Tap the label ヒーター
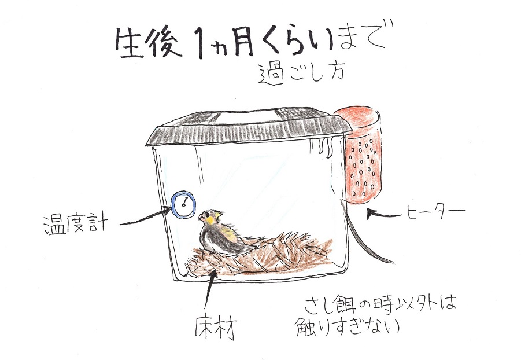(436, 211)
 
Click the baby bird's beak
(201, 218)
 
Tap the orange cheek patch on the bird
(210, 220)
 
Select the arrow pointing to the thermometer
(145, 216)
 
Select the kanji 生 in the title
(130, 43)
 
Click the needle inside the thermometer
(184, 202)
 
